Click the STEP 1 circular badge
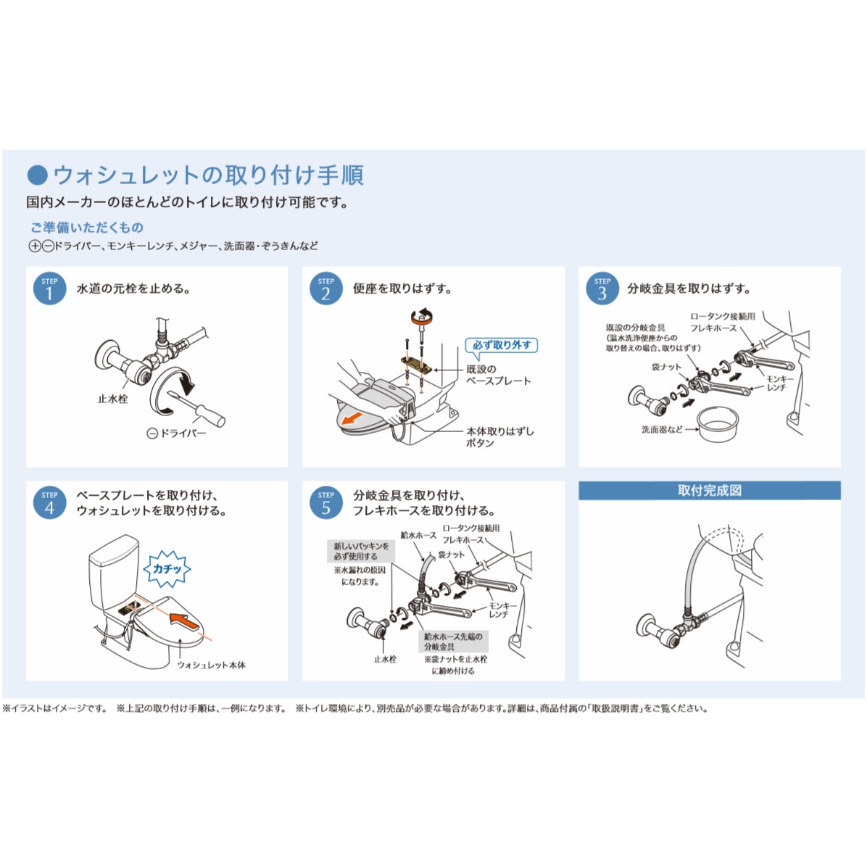[x=49, y=288]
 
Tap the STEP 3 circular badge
[x=602, y=288]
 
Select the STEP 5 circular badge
[x=325, y=502]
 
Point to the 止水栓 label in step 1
[x=112, y=399]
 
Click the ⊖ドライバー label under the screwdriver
[x=176, y=433]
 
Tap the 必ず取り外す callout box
[x=502, y=345]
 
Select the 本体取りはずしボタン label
[x=499, y=436]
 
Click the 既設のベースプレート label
[x=498, y=375]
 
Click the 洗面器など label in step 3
[x=661, y=429]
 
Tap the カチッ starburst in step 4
[x=167, y=569]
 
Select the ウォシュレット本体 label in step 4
[x=211, y=665]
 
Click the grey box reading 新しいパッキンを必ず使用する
[x=361, y=551]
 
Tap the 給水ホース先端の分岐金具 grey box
[x=453, y=641]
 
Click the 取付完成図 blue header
[x=709, y=491]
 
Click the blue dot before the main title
[x=37, y=175]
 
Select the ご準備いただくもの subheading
[x=86, y=228]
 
